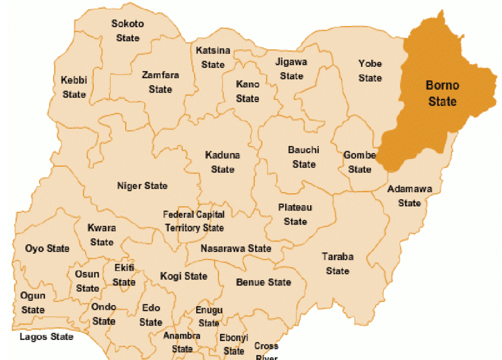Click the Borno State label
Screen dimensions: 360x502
tap(442, 93)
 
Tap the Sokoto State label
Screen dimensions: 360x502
tap(128, 31)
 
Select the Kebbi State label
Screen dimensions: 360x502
tap(74, 87)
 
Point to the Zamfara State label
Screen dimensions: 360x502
tap(160, 82)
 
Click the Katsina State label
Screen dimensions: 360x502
tap(213, 57)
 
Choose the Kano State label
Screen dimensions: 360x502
tap(247, 91)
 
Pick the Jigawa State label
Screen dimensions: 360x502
tap(291, 69)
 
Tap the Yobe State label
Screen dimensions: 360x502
tap(370, 70)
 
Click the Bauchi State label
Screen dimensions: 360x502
tap(304, 157)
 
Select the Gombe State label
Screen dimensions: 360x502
tap(360, 162)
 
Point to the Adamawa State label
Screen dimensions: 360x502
tap(409, 196)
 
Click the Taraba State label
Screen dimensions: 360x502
tap(337, 264)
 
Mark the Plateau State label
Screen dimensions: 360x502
tap(295, 215)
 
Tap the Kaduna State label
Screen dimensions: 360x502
tap(223, 162)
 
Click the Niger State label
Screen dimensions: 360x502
tap(142, 186)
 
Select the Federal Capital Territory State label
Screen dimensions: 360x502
tap(194, 221)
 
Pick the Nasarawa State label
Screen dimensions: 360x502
tap(236, 248)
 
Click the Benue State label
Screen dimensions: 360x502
tap(263, 282)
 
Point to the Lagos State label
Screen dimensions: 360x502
tap(47, 336)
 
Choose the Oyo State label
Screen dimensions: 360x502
tap(47, 248)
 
